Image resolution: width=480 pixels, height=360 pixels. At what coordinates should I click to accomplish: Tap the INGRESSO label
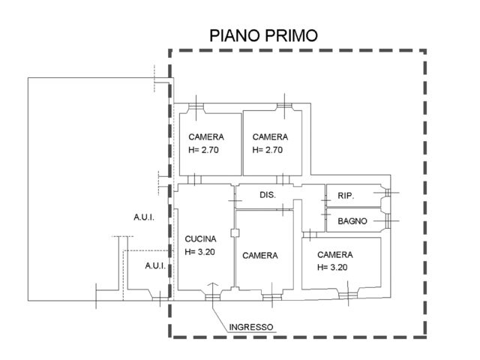pos(251,326)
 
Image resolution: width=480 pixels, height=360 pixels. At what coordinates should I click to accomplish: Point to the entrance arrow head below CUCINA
pos(212,286)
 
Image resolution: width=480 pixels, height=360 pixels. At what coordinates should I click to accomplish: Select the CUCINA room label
pos(200,239)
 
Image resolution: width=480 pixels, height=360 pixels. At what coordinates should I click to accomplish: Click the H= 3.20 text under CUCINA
pos(200,252)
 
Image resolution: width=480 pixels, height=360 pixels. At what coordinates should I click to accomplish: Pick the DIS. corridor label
pos(268,195)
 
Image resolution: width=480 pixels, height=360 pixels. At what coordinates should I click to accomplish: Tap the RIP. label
pos(346,196)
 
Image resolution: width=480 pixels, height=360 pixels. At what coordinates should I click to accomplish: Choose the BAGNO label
pos(352,221)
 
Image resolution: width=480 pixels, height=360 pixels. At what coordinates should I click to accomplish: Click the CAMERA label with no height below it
pos(260,256)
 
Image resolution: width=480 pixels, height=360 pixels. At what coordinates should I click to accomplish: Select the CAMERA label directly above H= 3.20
pos(335,254)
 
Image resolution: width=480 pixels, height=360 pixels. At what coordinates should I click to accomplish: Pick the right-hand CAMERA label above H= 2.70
pos(271,136)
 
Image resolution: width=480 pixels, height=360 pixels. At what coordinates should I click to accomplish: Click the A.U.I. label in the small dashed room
pos(155,266)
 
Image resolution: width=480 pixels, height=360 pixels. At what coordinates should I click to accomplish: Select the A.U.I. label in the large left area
pos(144,217)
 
